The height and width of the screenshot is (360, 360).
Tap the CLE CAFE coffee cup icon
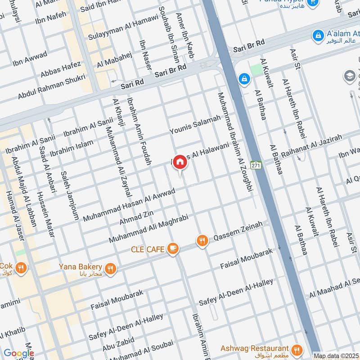(172, 248)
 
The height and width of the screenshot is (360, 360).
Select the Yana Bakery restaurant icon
(111, 269)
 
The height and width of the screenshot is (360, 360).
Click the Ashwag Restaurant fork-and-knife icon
(297, 349)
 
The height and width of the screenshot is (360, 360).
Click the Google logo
(18, 353)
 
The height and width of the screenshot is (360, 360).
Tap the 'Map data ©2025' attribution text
(336, 356)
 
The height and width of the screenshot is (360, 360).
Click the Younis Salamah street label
(195, 124)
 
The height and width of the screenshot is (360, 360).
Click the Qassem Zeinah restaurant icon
(202, 241)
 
